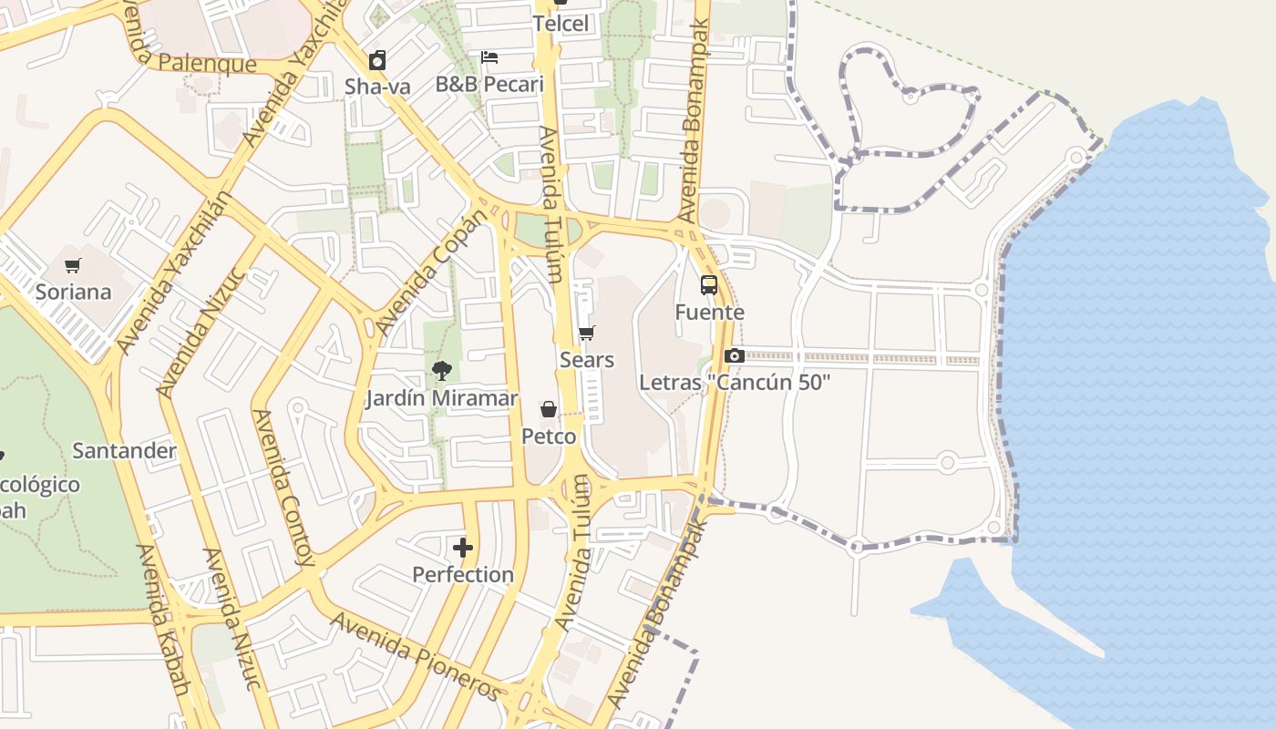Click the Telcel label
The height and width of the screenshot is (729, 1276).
[x=561, y=24]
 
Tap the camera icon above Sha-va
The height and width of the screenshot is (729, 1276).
[x=377, y=60]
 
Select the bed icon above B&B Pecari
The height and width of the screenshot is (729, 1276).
[x=489, y=57]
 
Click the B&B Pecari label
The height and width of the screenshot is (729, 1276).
[x=489, y=85]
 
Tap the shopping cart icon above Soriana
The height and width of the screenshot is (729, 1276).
[x=73, y=266]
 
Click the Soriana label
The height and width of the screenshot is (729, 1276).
[x=73, y=293]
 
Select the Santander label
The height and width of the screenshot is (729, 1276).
[x=124, y=451]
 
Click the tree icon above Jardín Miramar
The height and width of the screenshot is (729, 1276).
[x=442, y=371]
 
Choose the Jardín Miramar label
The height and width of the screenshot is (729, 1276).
[x=442, y=398]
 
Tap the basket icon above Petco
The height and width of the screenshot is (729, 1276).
[x=549, y=409]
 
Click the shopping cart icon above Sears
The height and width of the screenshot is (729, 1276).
[x=587, y=334]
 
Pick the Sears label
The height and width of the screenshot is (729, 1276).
[x=587, y=360]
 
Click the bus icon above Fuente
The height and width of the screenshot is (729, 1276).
[x=709, y=285]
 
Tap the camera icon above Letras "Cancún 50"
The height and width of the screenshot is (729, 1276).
[x=735, y=355]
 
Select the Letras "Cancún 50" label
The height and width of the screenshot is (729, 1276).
[x=735, y=383]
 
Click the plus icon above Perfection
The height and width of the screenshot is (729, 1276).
[x=463, y=548]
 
